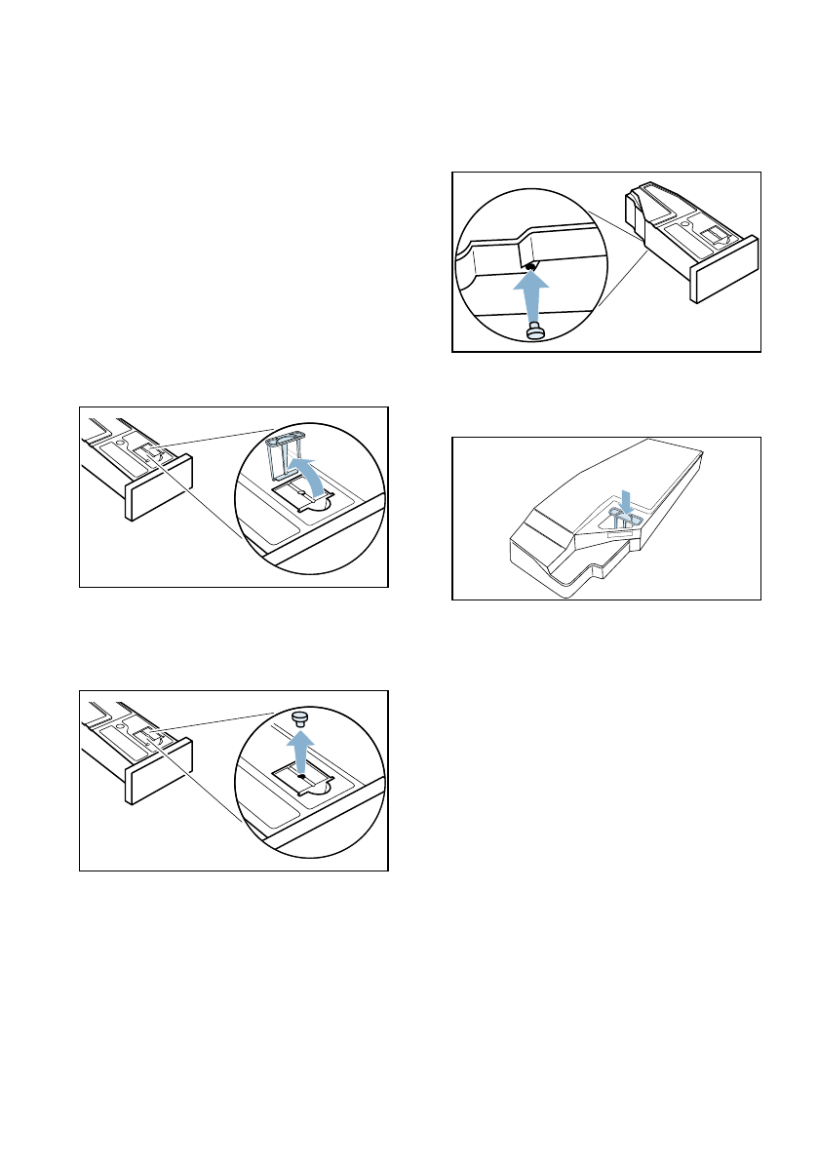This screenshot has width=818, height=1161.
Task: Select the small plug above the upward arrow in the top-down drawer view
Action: click(301, 718)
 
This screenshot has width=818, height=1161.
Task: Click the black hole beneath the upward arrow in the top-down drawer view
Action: click(301, 777)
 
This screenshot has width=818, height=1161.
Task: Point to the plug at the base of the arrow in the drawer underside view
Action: click(534, 332)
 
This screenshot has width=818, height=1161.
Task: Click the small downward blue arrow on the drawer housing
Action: click(628, 501)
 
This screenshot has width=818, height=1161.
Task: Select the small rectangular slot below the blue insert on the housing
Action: click(620, 533)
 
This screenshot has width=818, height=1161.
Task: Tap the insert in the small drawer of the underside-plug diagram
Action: click(716, 234)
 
